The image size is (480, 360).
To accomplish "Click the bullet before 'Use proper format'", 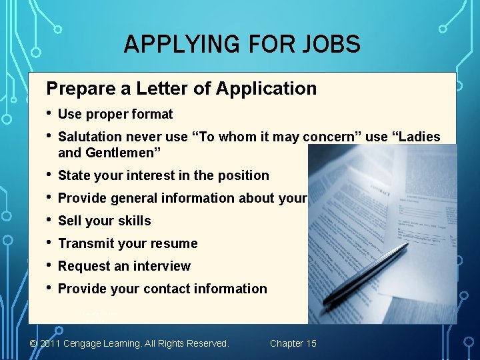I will point(49,113).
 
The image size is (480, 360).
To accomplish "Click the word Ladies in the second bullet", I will point(418,137).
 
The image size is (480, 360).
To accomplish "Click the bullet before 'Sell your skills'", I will point(49,220).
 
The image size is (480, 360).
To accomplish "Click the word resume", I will point(175,243).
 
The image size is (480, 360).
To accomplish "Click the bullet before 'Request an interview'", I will point(49,265).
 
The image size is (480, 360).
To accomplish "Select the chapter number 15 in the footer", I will point(311,343).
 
